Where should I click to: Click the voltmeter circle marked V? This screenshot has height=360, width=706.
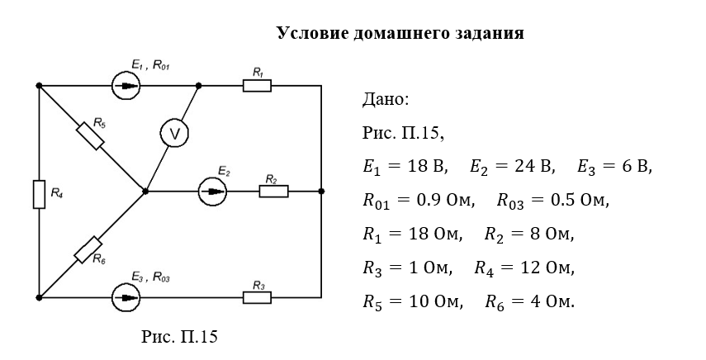click(174, 133)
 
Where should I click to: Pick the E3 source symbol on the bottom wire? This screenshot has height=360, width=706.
click(125, 296)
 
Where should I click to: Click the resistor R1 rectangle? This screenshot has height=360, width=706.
click(257, 85)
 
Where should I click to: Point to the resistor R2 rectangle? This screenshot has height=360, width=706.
click(273, 192)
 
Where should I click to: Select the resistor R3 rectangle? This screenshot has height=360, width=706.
click(257, 296)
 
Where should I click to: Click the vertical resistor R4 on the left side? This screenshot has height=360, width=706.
click(39, 194)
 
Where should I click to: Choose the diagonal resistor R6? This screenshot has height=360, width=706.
click(88, 248)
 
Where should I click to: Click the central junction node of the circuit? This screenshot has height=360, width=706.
click(145, 192)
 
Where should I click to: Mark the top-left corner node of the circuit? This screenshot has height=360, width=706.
click(39, 85)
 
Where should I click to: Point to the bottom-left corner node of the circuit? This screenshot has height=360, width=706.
click(39, 296)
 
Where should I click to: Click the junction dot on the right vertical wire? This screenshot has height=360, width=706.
click(320, 192)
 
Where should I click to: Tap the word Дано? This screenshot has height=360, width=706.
click(385, 101)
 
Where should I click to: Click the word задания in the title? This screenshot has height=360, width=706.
click(489, 34)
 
